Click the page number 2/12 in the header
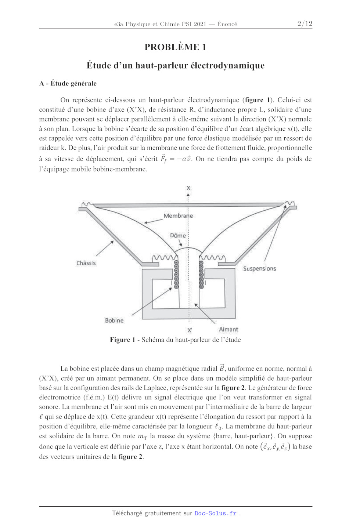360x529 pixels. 305,24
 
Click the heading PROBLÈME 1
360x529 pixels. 175,47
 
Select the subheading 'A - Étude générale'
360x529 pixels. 68,83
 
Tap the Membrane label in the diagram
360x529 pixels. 178,216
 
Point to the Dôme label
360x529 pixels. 178,235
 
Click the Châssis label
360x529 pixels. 86,263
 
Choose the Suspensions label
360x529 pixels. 259,269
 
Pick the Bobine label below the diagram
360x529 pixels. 114,320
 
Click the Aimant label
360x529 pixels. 228,330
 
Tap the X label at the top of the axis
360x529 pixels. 188,188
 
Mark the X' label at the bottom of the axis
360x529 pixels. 190,330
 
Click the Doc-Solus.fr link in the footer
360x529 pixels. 216,513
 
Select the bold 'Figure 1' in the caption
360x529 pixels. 122,340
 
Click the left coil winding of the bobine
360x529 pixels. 176,275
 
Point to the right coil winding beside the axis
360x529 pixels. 201,275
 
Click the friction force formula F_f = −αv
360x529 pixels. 176,159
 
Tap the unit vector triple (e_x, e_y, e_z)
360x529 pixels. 275,447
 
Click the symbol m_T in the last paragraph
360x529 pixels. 143,436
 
